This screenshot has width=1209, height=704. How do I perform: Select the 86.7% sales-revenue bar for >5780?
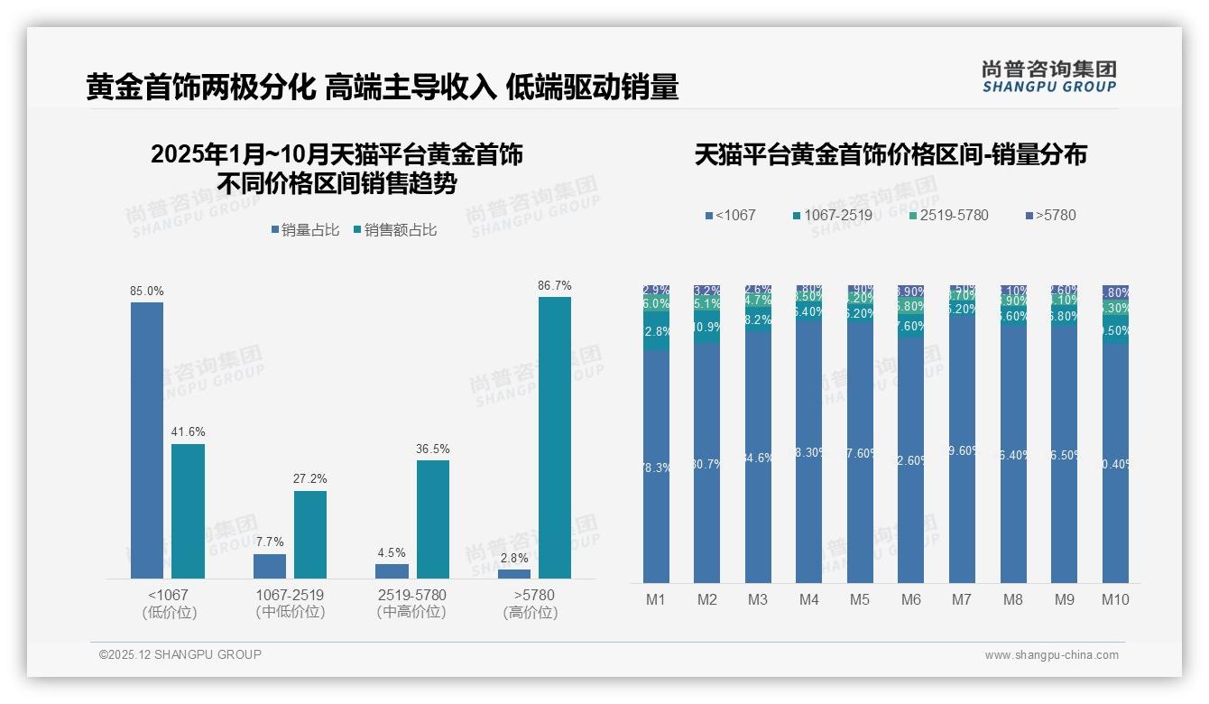tap(555, 437)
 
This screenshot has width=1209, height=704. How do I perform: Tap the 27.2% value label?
tap(310, 478)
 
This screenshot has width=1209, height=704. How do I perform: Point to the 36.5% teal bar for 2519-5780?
tap(433, 519)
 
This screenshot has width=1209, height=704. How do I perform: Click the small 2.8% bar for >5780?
tap(514, 574)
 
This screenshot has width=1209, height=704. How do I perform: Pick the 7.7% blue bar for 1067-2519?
tap(270, 566)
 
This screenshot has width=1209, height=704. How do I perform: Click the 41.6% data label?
tap(188, 431)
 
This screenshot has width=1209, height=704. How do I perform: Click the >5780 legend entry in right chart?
tap(1050, 215)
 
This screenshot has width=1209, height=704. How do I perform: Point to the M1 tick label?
tap(655, 599)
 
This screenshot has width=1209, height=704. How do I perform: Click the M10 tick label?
tap(1115, 599)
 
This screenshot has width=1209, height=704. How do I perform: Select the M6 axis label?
tap(910, 599)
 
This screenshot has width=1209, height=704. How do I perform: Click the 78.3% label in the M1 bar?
tap(656, 468)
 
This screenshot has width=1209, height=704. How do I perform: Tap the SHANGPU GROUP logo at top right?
tap(1048, 77)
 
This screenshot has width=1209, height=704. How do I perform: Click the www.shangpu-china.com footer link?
tap(1051, 655)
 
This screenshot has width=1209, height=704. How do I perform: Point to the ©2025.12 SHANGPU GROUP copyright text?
tap(180, 654)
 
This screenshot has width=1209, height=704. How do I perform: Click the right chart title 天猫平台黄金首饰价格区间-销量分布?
tap(891, 154)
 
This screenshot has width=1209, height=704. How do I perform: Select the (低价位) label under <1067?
tap(170, 612)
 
